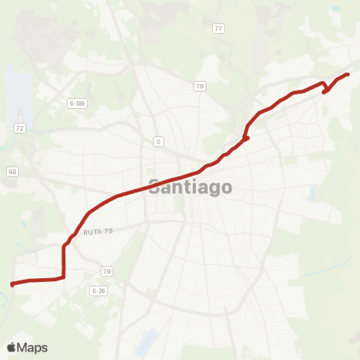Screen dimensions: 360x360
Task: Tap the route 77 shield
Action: pos(218,28)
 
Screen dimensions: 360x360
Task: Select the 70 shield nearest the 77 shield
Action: pos(199,85)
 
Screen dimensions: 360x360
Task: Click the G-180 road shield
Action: pos(76,103)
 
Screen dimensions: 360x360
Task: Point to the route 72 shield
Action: pos(20,129)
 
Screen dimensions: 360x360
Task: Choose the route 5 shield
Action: pos(158,141)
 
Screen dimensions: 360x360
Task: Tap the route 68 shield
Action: pos(12,172)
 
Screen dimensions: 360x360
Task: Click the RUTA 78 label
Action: pos(97,232)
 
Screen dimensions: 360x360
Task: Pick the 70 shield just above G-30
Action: pos(106,271)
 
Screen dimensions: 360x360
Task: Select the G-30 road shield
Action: pos(98,289)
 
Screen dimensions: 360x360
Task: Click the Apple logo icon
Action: pos(11,347)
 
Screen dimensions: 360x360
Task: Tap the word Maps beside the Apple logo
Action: pos(33,347)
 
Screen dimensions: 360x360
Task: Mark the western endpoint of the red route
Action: pos(12,284)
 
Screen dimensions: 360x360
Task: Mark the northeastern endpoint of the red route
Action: pos(348,74)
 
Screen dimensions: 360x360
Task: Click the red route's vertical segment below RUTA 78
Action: pos(64,259)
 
